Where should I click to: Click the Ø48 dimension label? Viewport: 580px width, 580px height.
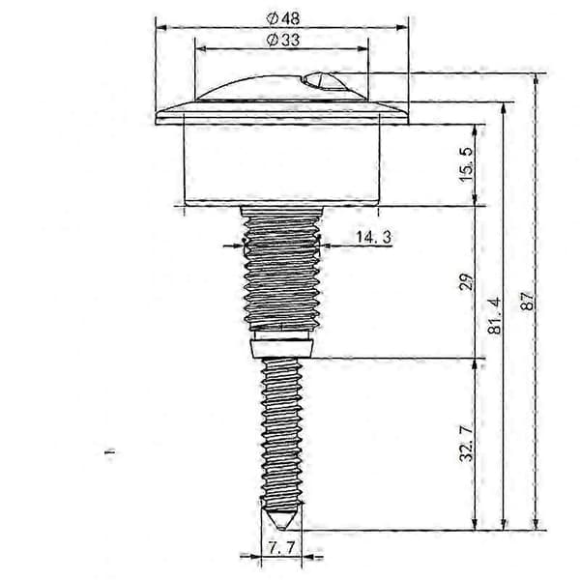point(283,18)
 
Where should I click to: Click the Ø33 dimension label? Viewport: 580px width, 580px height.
point(283,40)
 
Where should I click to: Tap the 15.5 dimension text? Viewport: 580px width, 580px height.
point(467,164)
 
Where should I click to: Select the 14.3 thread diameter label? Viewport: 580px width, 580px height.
point(373,237)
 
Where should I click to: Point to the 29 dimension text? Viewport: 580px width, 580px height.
point(467,282)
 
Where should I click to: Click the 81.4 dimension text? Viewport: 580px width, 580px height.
point(494,315)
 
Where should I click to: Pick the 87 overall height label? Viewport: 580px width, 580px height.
point(527,301)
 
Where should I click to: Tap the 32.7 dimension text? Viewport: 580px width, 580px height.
point(467,444)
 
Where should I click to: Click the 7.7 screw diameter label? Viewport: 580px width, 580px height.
point(281,548)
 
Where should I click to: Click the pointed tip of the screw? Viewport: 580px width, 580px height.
point(282,529)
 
